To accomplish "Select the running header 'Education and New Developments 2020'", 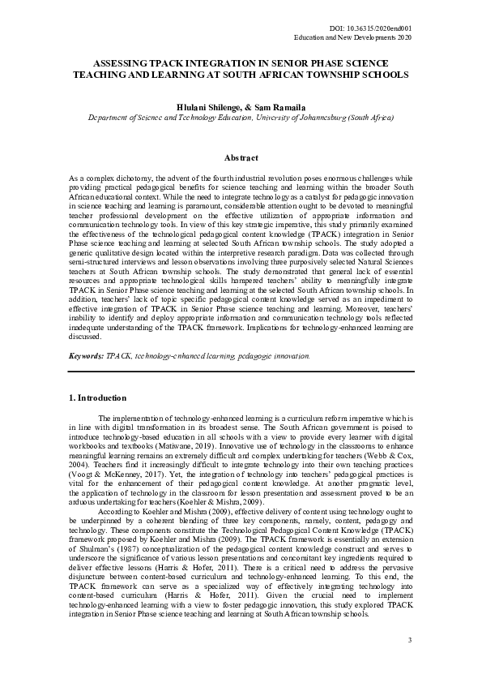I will coord(353,38).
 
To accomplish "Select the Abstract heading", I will coord(241,158).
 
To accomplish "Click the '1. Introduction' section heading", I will coord(98,398).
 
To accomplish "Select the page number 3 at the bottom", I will coord(410,641).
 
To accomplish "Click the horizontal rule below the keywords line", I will coord(241,371).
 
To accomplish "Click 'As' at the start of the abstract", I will coord(74,177).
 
